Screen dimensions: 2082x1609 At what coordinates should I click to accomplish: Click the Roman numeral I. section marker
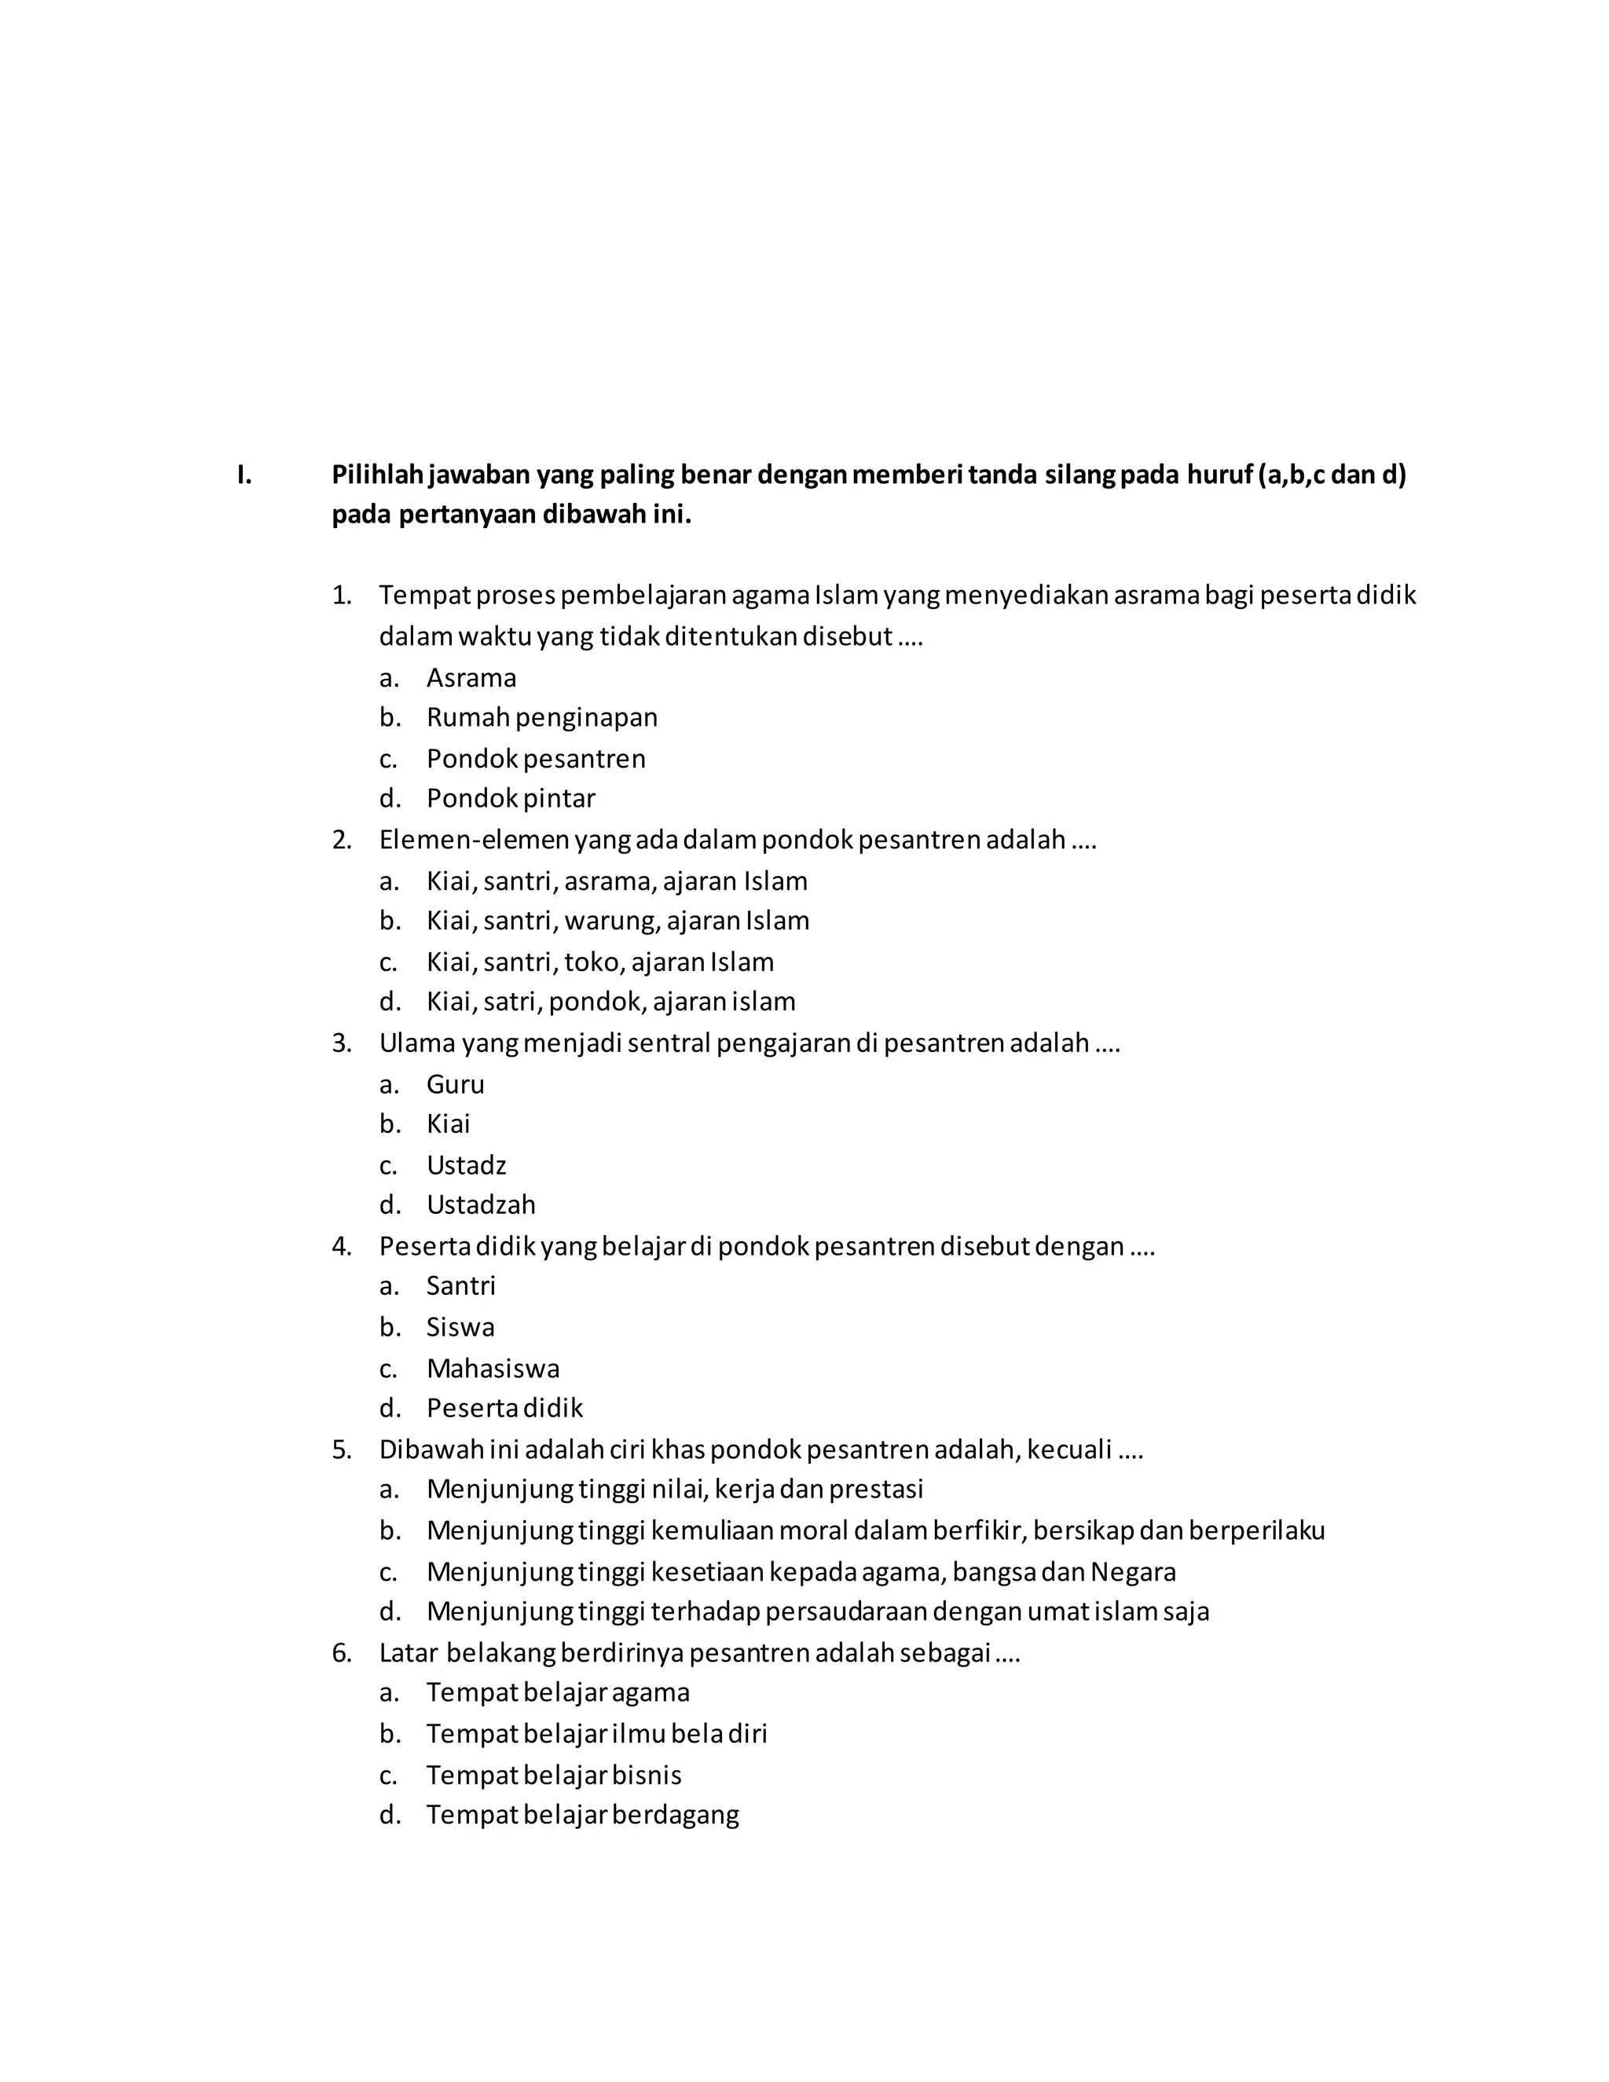(245, 475)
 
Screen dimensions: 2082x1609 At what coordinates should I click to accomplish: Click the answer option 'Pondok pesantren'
(536, 759)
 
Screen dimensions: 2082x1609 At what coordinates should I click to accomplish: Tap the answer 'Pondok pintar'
(510, 798)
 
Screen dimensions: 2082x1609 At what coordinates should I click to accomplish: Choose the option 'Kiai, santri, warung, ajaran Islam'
(618, 921)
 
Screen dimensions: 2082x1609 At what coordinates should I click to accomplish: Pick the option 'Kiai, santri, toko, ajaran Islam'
(599, 962)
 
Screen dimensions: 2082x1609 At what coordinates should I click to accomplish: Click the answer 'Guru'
(455, 1084)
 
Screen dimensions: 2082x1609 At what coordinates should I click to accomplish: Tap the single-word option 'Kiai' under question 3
(448, 1124)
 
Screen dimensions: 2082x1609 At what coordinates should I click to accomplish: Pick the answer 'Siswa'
(460, 1327)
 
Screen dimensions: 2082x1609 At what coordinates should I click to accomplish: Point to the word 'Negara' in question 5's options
(1132, 1572)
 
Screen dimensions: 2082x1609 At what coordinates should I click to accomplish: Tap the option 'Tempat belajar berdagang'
(582, 1815)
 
